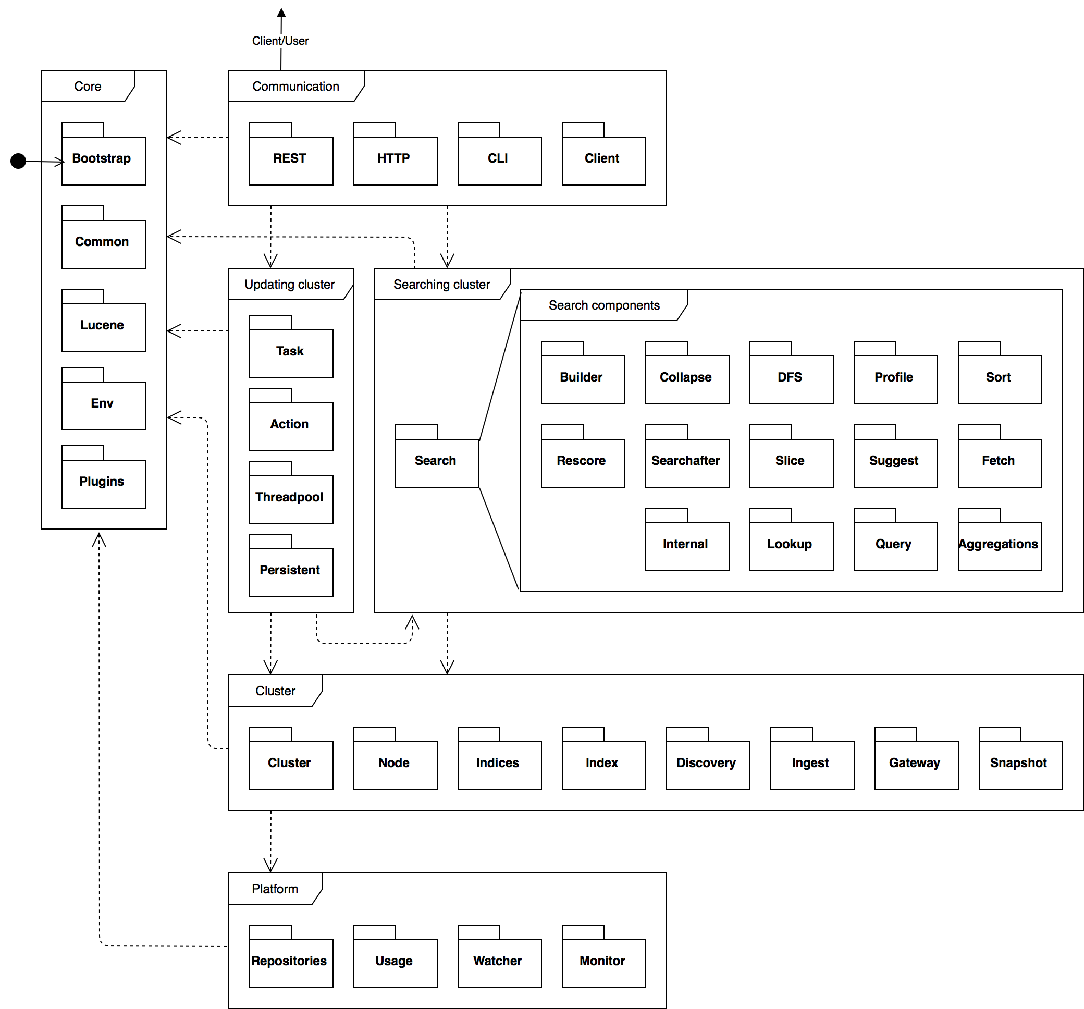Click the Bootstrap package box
pyautogui.click(x=104, y=161)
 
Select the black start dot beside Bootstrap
pyautogui.click(x=19, y=161)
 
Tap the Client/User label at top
pyautogui.click(x=280, y=41)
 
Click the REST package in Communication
pyautogui.click(x=291, y=161)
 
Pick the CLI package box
pyautogui.click(x=499, y=161)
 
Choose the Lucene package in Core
pyautogui.click(x=104, y=327)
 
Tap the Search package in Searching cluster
pyautogui.click(x=437, y=462)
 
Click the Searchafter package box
pyautogui.click(x=686, y=462)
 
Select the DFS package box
pyautogui.click(x=791, y=379)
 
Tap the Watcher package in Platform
pyautogui.click(x=499, y=963)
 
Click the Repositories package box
pyautogui.click(x=291, y=963)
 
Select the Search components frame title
pyautogui.click(x=603, y=305)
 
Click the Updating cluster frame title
pyautogui.click(x=289, y=285)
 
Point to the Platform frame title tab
pyautogui.click(x=275, y=889)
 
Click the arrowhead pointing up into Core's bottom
pyautogui.click(x=98, y=538)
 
